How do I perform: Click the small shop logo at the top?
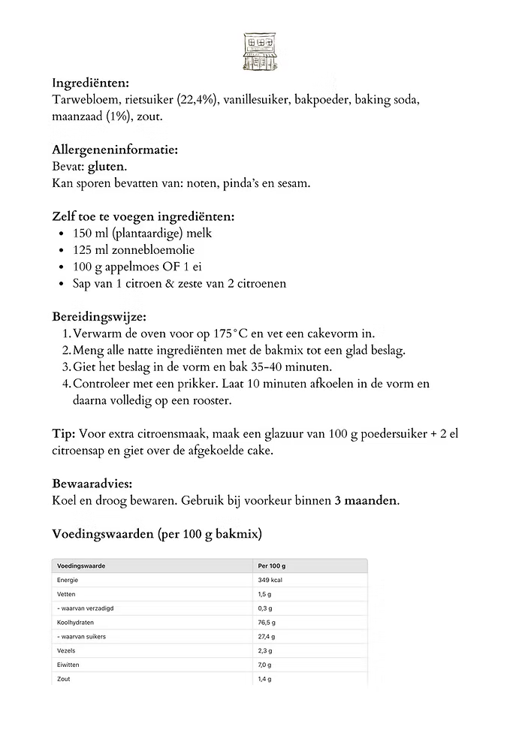coord(259,51)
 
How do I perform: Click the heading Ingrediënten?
coord(90,83)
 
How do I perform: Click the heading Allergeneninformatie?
coord(114,149)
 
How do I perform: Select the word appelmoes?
coord(132,267)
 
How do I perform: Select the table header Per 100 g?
coord(272,566)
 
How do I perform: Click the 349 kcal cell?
coord(270,580)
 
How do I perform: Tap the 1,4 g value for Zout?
coord(264,679)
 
